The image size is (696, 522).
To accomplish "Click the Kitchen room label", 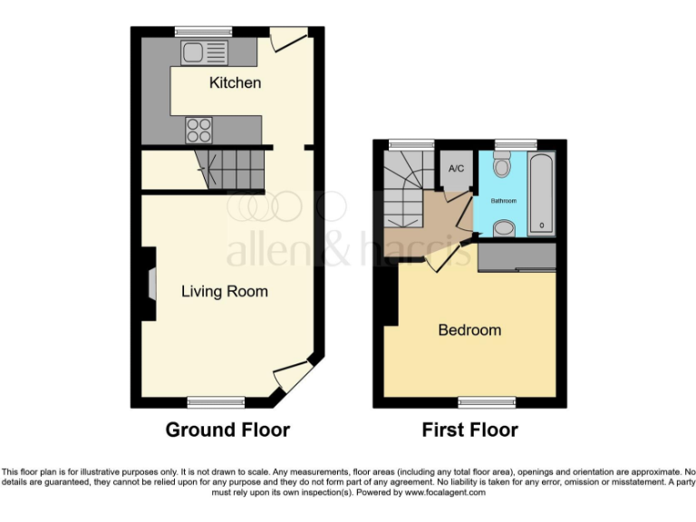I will (235, 83).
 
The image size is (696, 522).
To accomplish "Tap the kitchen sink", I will (203, 53).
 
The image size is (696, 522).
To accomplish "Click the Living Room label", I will (225, 292).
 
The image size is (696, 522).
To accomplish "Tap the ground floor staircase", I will (227, 169).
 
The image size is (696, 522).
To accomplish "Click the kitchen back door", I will (288, 38).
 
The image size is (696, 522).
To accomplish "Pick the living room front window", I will (216, 401).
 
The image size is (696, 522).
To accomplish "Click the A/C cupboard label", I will (456, 169).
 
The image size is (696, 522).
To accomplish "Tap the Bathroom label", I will (503, 199).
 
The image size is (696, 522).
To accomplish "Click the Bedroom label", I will (469, 330).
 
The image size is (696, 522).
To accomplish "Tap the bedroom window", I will (487, 401).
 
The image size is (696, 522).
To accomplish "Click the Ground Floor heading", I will (227, 430).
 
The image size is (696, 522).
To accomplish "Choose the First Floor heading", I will (470, 430).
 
